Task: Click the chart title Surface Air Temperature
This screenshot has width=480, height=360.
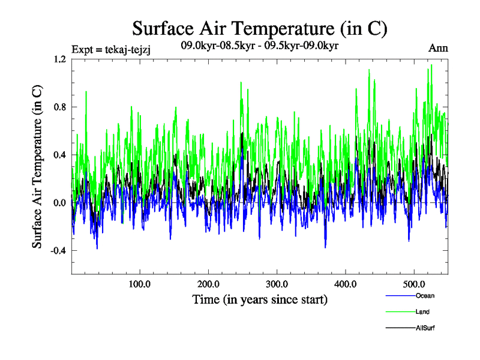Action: [x=260, y=28]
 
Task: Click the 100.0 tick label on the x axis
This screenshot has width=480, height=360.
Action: [x=140, y=283]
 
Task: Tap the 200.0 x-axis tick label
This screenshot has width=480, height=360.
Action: [x=208, y=283]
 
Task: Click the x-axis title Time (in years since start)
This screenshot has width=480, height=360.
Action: [x=259, y=299]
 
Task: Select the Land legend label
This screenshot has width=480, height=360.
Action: [x=422, y=312]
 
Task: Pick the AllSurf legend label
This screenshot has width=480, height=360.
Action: [x=424, y=328]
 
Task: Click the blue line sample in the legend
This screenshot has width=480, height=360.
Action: [x=399, y=296]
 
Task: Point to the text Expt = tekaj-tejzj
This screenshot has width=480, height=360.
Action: [x=110, y=49]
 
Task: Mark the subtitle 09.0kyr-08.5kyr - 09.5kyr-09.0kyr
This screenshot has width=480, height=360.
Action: [x=260, y=46]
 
